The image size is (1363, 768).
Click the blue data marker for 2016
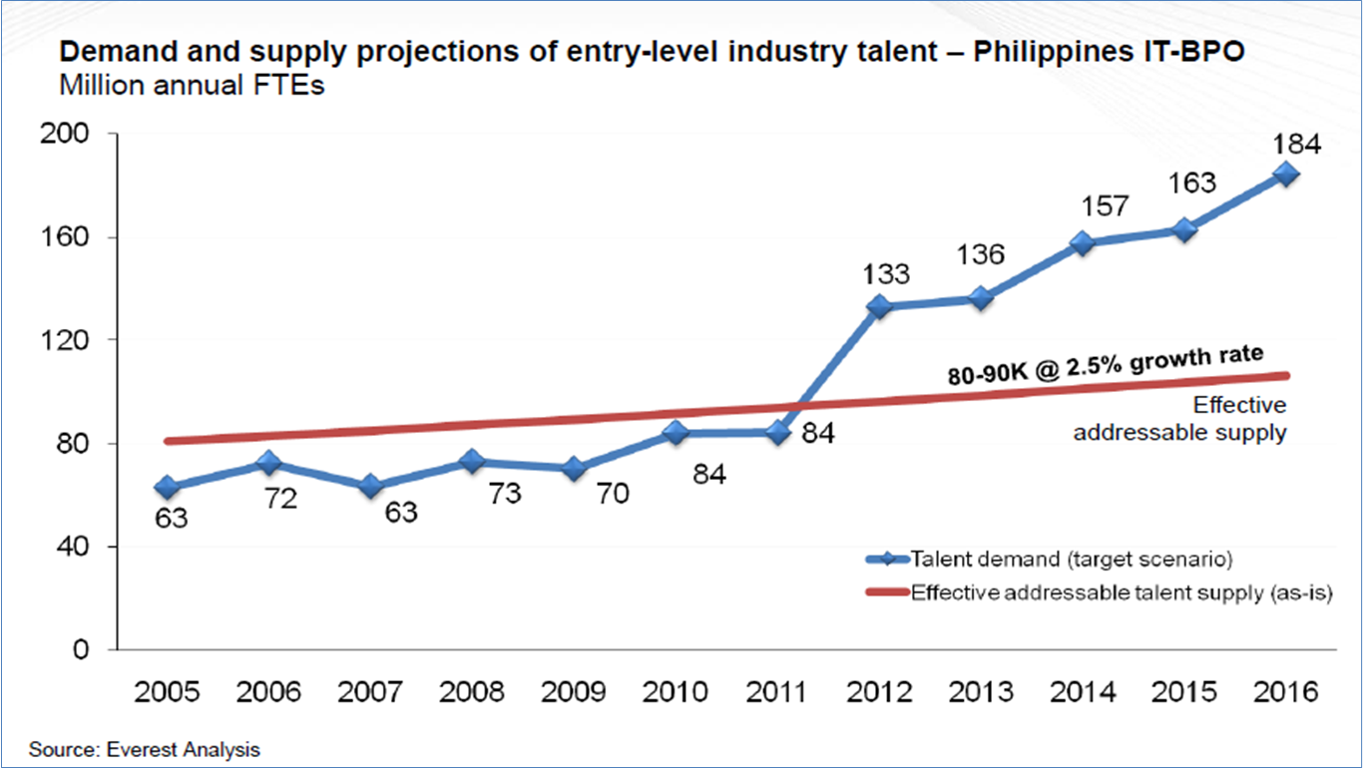(x=1286, y=175)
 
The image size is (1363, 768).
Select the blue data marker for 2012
(x=879, y=306)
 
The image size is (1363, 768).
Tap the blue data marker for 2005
(x=166, y=487)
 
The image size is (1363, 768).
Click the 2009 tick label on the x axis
(x=573, y=692)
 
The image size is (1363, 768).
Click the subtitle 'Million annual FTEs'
(x=192, y=86)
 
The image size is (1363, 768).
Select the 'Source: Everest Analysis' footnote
(x=144, y=749)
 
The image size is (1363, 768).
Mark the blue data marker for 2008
(x=471, y=462)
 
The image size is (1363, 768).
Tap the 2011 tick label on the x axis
(x=776, y=692)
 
